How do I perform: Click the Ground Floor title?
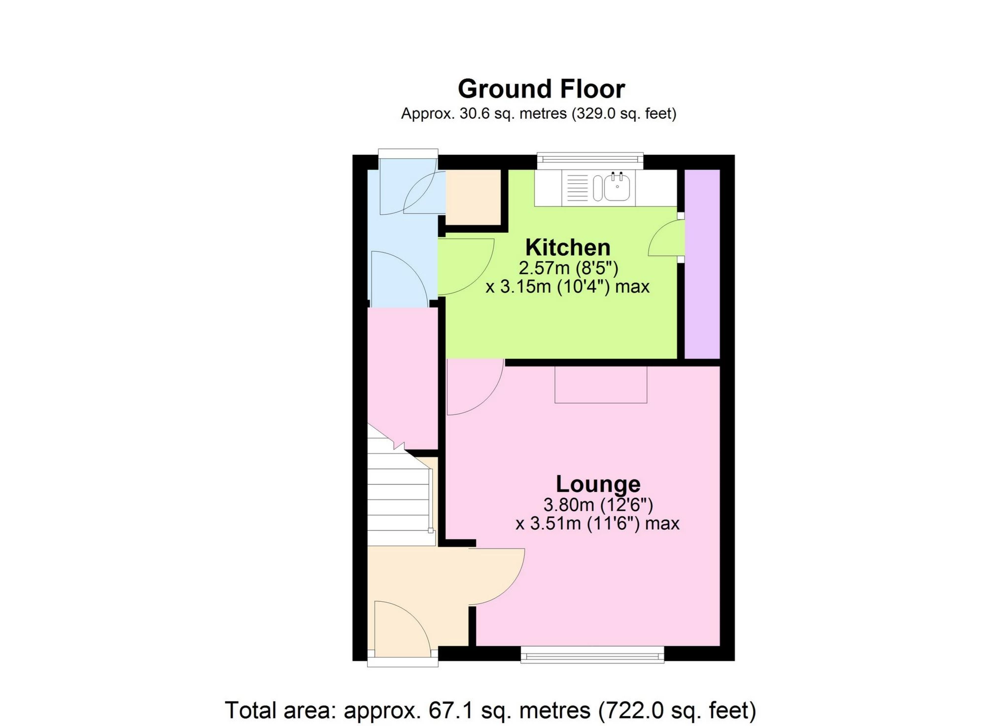click(x=541, y=89)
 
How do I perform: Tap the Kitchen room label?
click(x=568, y=247)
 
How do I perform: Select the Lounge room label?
click(x=598, y=484)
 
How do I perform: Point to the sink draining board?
click(x=577, y=188)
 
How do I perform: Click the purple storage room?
click(x=702, y=264)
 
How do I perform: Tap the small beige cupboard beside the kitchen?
click(x=473, y=197)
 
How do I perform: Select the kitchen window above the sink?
click(x=590, y=159)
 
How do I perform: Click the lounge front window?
click(x=592, y=655)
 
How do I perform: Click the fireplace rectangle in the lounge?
click(x=600, y=385)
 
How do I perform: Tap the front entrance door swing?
click(x=402, y=628)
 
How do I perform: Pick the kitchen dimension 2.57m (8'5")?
click(x=568, y=268)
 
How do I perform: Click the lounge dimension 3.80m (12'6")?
click(x=598, y=505)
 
